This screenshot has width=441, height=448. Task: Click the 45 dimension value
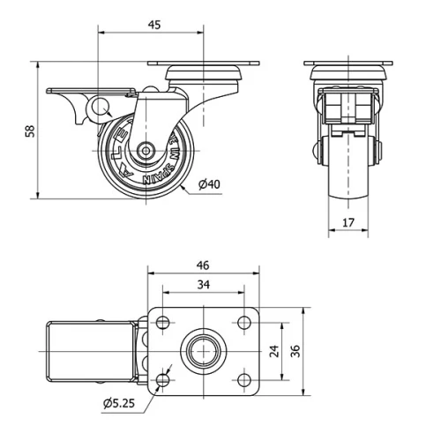point(153,25)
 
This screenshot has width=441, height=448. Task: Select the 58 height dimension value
point(30,131)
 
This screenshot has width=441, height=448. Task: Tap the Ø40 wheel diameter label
point(209,184)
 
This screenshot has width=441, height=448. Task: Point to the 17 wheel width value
point(348,222)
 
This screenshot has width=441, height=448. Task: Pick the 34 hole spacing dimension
point(204,285)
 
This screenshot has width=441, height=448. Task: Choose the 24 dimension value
point(275,352)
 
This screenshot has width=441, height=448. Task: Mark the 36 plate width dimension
point(297,352)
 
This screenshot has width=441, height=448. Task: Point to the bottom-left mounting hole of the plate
point(163,380)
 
